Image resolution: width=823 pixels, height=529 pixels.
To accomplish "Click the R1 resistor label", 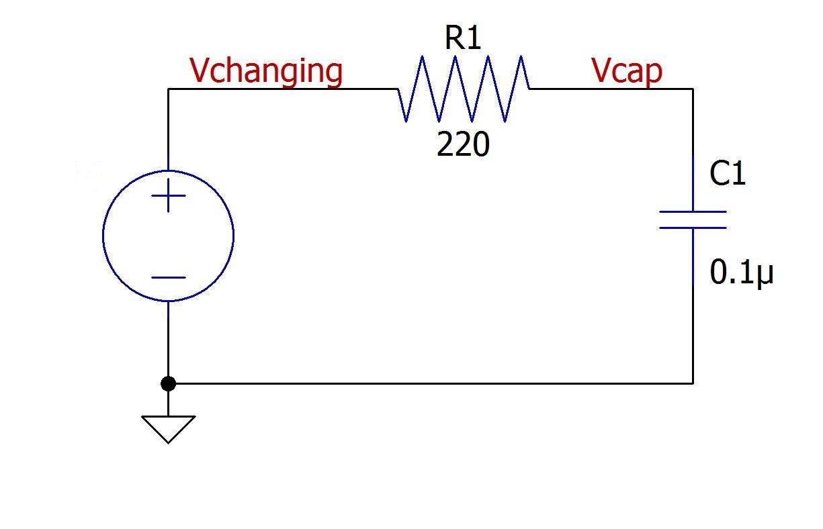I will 463,40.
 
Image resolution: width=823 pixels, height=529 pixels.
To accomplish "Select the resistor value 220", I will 463,144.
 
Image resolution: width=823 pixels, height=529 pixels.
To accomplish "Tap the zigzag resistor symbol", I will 464,89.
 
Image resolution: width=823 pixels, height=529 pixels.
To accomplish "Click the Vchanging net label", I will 266,70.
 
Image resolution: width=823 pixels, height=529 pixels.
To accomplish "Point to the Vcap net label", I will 627,70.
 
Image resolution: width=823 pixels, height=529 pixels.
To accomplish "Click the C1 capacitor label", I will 728,175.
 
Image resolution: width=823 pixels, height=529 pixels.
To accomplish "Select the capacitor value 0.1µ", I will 742,273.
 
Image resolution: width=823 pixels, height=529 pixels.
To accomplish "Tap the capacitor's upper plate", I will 693,212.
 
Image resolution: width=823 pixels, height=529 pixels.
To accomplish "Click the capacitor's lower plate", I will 693,228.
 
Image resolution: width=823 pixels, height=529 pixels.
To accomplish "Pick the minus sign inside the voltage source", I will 168,277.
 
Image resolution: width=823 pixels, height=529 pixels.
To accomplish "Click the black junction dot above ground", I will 168,383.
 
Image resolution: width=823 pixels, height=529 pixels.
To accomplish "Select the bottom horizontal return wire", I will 430,383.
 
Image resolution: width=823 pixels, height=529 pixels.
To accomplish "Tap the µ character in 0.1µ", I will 765,275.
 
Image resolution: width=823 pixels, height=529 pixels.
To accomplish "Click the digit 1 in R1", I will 474,40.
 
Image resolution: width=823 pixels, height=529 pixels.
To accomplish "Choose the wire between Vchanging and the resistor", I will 282,89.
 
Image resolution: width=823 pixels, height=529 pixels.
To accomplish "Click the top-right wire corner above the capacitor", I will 693,89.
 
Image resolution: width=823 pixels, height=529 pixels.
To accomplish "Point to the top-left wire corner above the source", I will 168,89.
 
